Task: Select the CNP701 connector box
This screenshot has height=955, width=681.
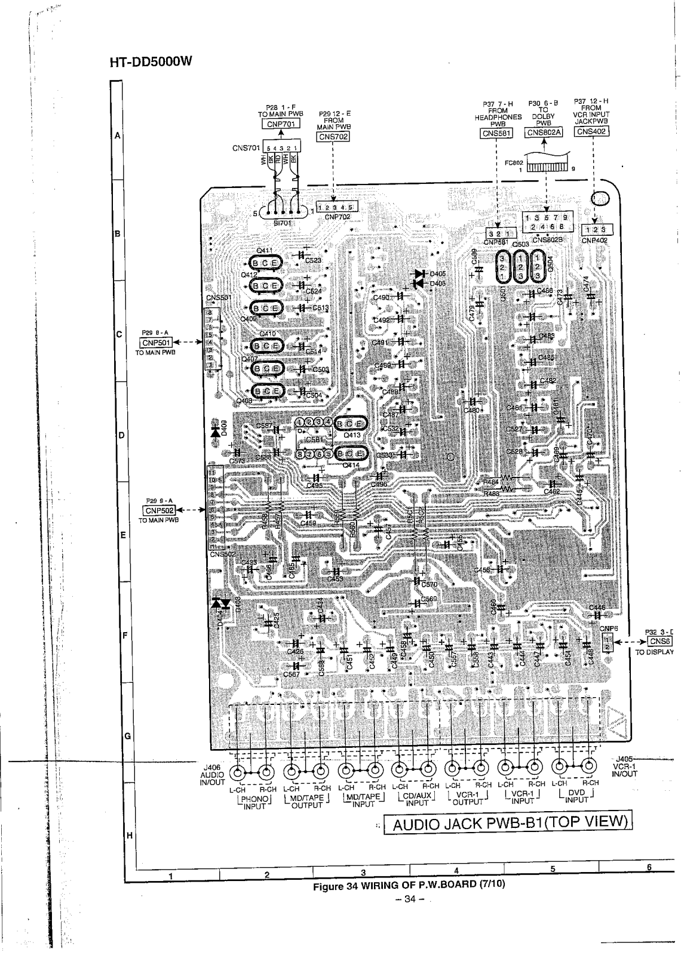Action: pos(281,124)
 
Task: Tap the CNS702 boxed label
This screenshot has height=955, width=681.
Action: pos(333,137)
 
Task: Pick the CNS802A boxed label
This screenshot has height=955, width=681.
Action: pos(544,133)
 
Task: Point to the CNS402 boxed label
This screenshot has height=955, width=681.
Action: pos(591,131)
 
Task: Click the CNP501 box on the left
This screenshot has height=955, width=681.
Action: pos(156,343)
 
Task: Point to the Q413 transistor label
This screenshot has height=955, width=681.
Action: pos(352,435)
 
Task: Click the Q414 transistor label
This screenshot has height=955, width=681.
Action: pos(351,464)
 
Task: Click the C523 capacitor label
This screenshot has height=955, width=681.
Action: pos(313,260)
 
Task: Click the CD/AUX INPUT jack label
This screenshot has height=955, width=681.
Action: pos(417,799)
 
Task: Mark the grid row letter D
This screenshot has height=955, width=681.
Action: pos(121,435)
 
